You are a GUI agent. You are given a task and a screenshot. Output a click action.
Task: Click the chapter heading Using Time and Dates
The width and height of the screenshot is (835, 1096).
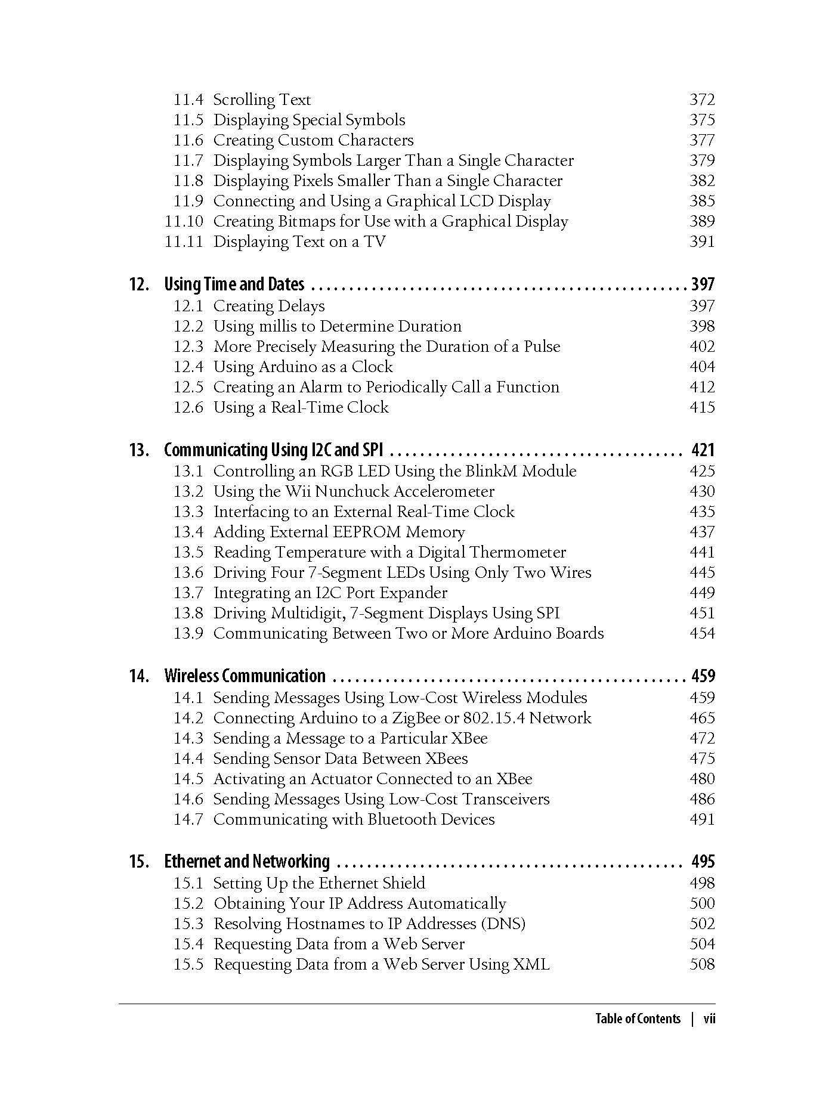point(234,284)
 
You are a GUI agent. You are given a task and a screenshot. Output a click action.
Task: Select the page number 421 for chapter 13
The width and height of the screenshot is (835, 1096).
point(703,450)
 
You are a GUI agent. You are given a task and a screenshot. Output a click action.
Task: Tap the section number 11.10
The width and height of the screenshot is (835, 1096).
point(184,221)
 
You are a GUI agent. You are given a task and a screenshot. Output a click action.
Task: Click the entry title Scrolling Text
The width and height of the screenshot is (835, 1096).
point(262,100)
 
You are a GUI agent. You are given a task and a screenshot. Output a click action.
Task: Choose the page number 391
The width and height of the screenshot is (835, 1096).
point(702,242)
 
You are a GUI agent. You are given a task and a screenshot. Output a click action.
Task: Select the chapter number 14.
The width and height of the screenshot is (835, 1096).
point(138,676)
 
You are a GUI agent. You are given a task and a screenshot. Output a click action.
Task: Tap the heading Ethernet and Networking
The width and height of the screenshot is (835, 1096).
point(246,862)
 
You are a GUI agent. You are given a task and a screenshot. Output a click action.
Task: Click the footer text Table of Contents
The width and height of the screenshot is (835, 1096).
point(638,1018)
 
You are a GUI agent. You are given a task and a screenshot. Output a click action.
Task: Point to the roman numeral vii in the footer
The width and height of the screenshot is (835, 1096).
point(709,1018)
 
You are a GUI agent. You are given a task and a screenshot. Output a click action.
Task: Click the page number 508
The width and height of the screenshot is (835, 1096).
point(702,964)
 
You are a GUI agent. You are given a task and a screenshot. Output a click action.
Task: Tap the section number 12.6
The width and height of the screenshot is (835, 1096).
point(188,407)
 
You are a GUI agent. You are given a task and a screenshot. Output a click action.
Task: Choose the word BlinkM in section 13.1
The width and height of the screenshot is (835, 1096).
point(490,471)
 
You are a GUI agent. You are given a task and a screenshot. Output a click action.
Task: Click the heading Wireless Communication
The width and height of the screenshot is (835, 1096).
point(245,676)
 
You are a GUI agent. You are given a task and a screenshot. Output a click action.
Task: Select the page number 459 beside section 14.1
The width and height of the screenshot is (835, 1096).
point(702,698)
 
